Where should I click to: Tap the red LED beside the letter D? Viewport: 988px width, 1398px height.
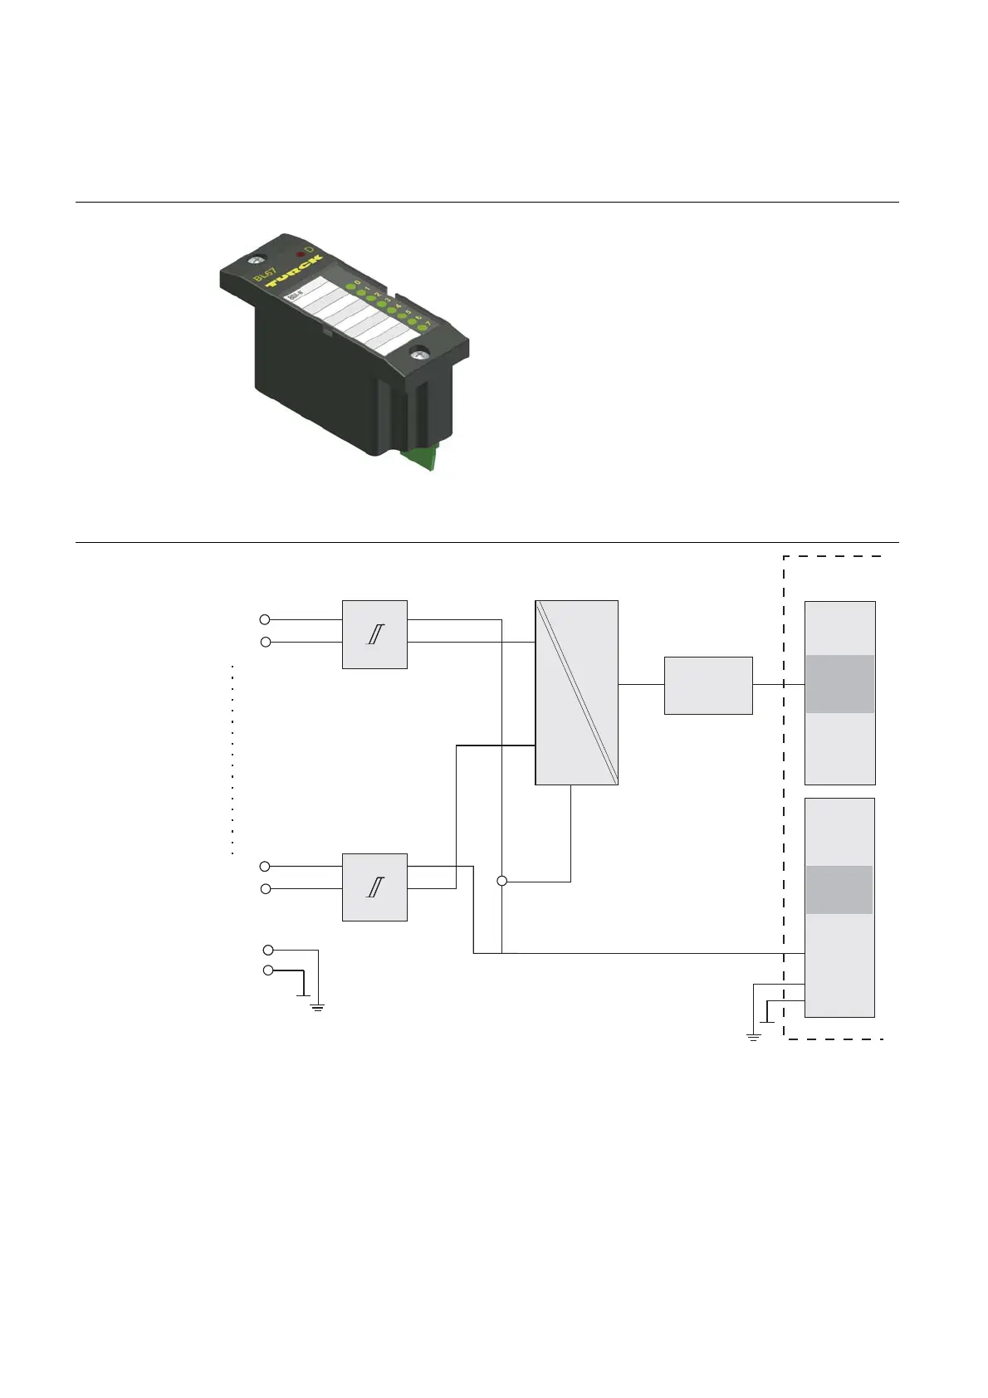click(x=301, y=254)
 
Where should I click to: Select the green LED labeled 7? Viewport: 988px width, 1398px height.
click(x=422, y=328)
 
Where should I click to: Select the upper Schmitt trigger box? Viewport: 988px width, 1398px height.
click(x=374, y=634)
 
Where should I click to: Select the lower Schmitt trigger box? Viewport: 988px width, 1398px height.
click(x=374, y=887)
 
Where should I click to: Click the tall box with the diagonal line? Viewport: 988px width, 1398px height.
click(x=576, y=692)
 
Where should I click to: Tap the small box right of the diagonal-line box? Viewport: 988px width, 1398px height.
click(x=708, y=685)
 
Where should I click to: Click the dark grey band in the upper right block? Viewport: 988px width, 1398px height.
click(x=839, y=684)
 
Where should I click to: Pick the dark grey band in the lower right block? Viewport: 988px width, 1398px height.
click(x=839, y=889)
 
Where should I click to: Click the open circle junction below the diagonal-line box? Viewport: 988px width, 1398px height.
click(x=501, y=881)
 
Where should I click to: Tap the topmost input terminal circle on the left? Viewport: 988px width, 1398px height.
click(x=265, y=619)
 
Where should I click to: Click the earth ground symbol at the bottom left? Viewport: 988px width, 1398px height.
click(x=317, y=1007)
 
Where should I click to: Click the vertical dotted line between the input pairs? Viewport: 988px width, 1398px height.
click(x=232, y=760)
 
